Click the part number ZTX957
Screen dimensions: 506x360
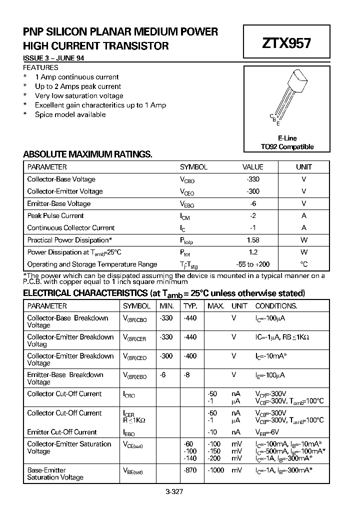coord(286,43)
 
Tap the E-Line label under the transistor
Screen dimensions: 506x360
coord(287,138)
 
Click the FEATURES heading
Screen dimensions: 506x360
coord(40,67)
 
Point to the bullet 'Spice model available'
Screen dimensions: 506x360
coord(70,114)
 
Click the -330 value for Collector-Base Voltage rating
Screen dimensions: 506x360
coord(253,179)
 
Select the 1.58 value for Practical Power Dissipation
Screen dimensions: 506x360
coord(253,240)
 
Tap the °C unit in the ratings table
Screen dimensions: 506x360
coord(303,264)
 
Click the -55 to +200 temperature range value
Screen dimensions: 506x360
coord(253,264)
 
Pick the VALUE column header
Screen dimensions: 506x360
coord(253,167)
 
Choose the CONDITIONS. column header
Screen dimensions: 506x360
coord(276,305)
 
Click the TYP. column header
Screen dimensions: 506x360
coord(190,305)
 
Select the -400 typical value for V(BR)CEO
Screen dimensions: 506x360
coord(190,356)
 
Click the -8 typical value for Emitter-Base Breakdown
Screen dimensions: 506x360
coord(187,375)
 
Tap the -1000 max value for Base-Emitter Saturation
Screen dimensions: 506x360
coord(215,470)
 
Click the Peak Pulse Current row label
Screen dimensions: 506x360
coord(55,215)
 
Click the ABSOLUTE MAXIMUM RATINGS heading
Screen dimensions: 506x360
coord(87,154)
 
